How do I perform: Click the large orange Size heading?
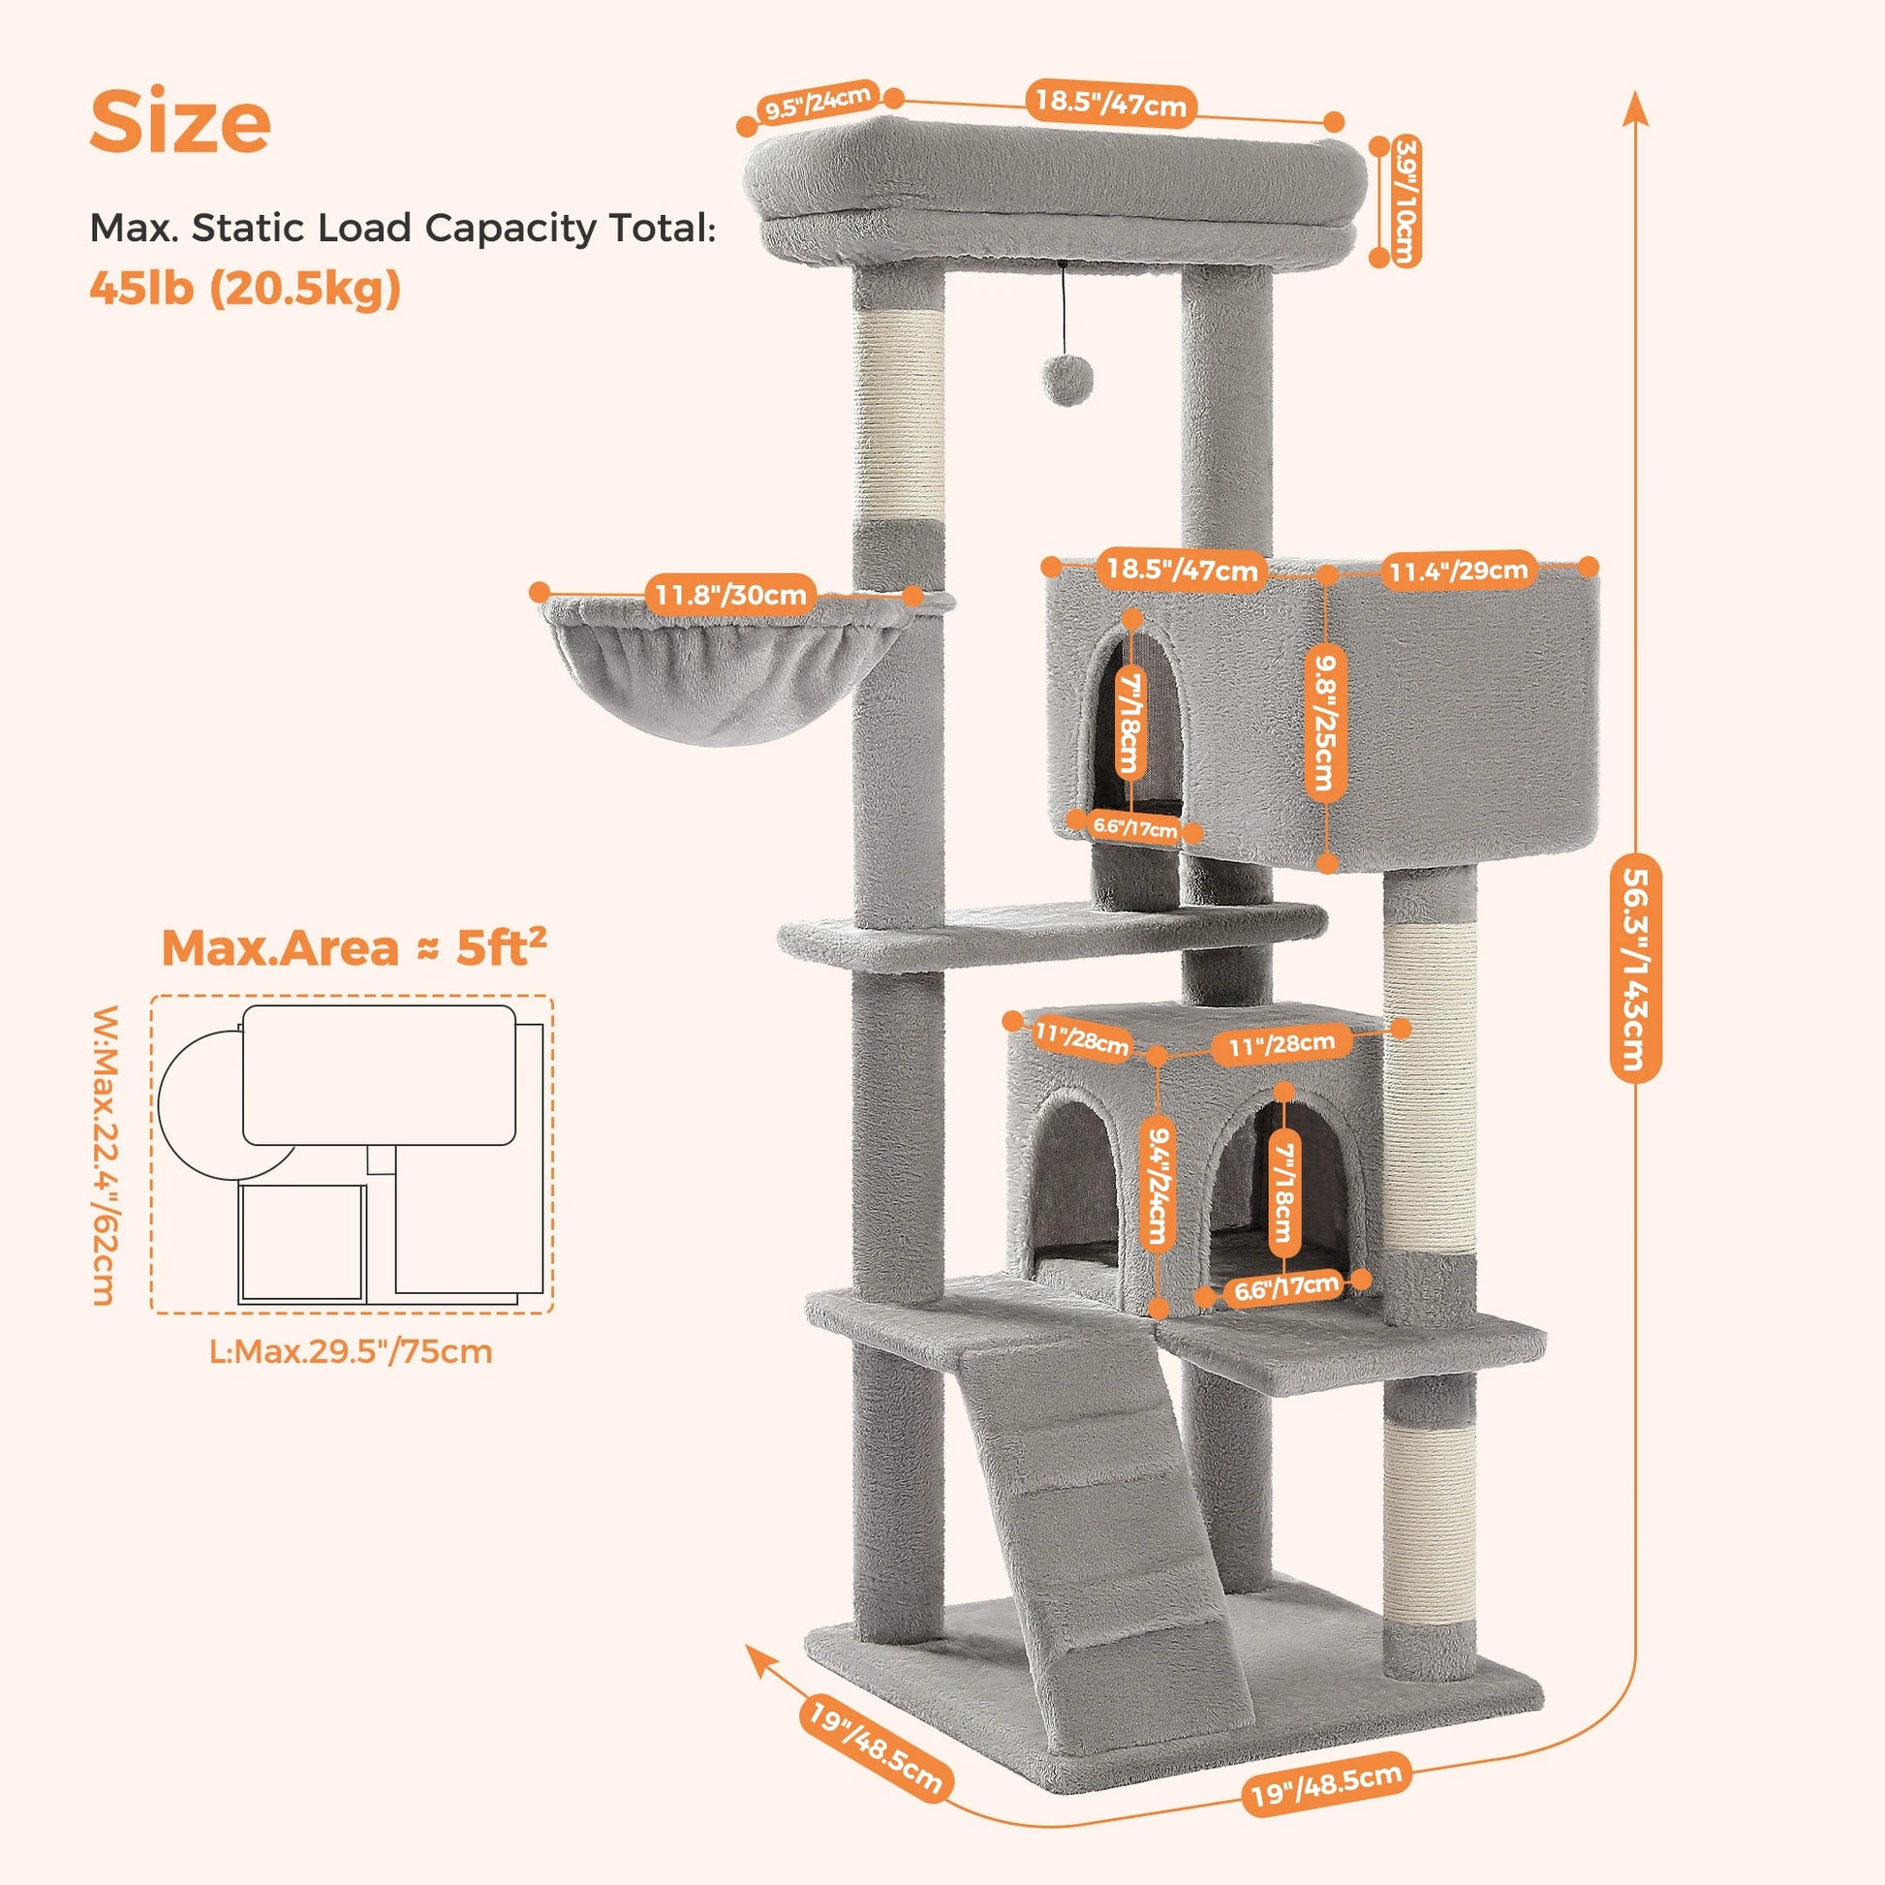pyautogui.click(x=179, y=121)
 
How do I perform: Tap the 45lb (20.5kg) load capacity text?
pyautogui.click(x=245, y=288)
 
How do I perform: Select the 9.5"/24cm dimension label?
pyautogui.click(x=818, y=102)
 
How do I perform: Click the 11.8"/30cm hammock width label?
pyautogui.click(x=729, y=594)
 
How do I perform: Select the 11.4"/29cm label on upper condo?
pyautogui.click(x=1459, y=570)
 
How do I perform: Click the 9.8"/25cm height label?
pyautogui.click(x=1326, y=722)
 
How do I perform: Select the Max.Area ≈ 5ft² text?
pyautogui.click(x=354, y=947)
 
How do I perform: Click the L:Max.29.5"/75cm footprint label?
pyautogui.click(x=352, y=1352)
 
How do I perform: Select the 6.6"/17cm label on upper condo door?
pyautogui.click(x=1134, y=827)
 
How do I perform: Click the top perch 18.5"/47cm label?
pyautogui.click(x=1110, y=102)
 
